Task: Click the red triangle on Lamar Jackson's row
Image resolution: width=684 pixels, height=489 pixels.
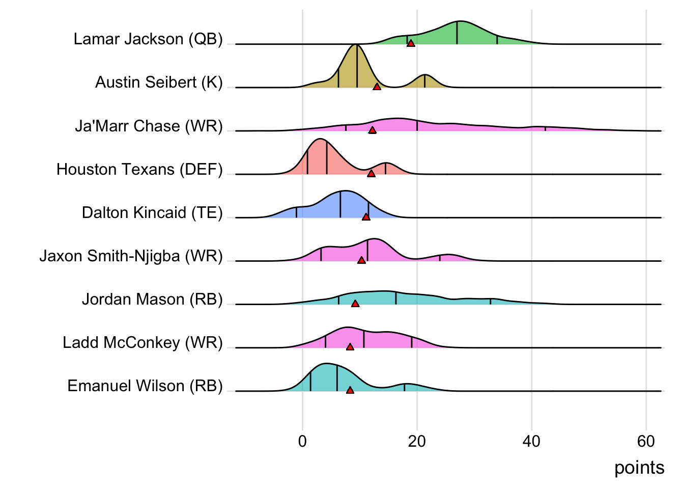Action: [411, 43]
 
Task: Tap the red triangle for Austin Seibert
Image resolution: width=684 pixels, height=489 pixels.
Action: [377, 87]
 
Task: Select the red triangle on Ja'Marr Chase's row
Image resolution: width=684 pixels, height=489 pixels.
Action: [372, 130]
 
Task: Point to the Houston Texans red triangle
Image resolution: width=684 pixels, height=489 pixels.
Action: [371, 174]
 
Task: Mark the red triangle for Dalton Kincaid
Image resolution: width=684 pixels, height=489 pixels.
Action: [366, 217]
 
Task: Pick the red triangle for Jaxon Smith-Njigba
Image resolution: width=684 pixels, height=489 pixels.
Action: [361, 260]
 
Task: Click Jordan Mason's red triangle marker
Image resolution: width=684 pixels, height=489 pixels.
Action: [355, 304]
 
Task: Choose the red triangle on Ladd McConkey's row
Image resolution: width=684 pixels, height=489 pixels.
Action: [350, 347]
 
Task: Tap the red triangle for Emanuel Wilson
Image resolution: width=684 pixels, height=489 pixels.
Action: [350, 390]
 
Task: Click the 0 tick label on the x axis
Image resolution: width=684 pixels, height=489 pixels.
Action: [302, 441]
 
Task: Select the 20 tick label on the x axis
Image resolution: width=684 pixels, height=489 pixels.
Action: [417, 441]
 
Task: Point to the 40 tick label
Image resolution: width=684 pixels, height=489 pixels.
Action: [531, 441]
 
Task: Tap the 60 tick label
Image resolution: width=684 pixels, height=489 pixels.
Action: [646, 441]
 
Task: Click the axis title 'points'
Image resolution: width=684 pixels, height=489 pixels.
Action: [639, 468]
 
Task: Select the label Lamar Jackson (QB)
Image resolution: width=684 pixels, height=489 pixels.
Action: [148, 39]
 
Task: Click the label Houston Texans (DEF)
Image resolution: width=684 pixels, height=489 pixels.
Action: [139, 169]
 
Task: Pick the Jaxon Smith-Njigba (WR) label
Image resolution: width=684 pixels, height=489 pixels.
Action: [131, 256]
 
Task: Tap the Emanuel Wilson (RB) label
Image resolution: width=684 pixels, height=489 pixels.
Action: [145, 386]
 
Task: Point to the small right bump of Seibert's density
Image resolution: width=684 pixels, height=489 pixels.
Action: [425, 80]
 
